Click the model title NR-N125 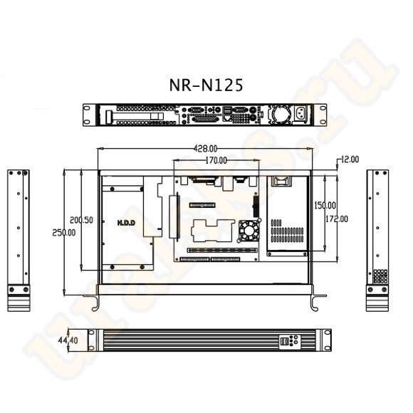tap(206, 85)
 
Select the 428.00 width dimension tap(205, 149)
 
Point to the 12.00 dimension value tap(350, 159)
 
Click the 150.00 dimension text tap(325, 205)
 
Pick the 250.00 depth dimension tap(62, 233)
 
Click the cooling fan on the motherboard tap(250, 230)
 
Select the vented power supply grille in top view tap(288, 232)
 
